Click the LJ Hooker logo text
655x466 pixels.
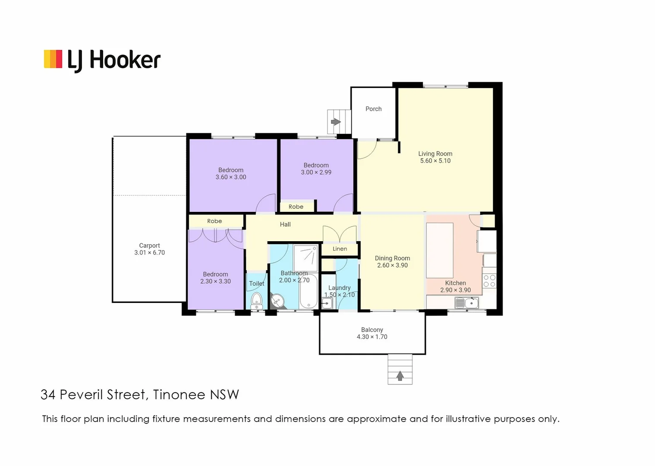(x=114, y=60)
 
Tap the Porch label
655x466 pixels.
(x=373, y=109)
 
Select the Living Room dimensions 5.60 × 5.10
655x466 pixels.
(x=435, y=161)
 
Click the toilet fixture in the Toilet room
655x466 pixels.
(x=257, y=300)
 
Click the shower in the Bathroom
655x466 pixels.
(x=305, y=258)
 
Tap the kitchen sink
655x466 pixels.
(x=466, y=303)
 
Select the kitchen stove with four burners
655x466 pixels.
(x=489, y=281)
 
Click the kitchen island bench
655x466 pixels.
(x=440, y=250)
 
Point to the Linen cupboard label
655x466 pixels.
(x=340, y=249)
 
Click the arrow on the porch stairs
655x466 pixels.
(x=335, y=122)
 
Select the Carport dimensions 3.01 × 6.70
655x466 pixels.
(x=149, y=253)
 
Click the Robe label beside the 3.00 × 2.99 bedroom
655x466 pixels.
(x=296, y=207)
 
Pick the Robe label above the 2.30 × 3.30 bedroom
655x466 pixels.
(x=214, y=221)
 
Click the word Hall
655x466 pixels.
(x=285, y=224)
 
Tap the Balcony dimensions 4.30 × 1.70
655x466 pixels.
(x=372, y=337)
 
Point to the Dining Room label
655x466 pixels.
(x=392, y=258)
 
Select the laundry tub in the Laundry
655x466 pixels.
(x=327, y=303)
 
